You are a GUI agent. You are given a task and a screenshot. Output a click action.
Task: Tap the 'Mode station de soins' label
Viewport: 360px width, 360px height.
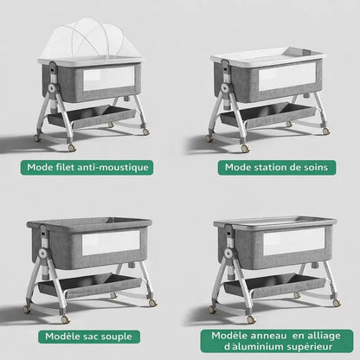(x=270, y=167)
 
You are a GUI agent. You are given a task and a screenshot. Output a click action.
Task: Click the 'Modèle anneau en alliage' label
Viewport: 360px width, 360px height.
(x=270, y=337)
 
